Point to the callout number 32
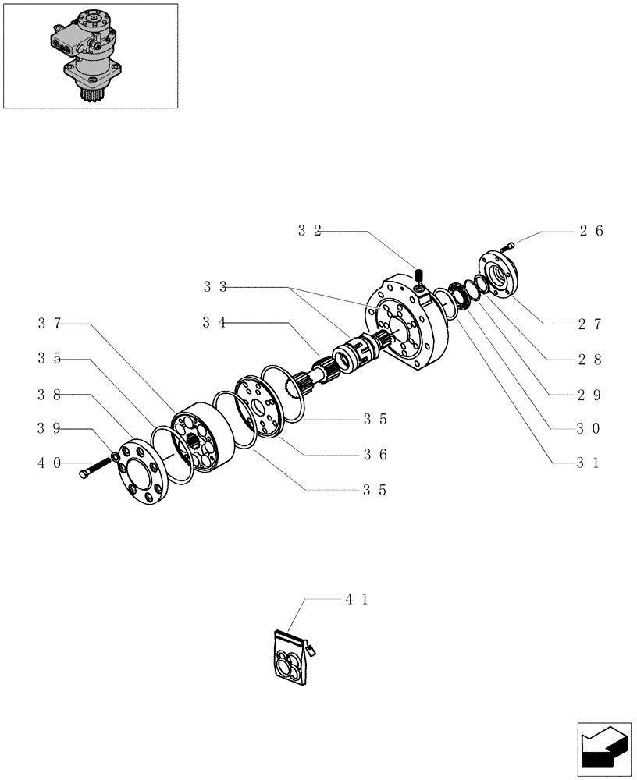[x=309, y=231]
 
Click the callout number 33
[x=215, y=287]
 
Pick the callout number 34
[x=215, y=323]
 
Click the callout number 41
[x=356, y=599]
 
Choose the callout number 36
[x=375, y=455]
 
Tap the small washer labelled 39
[x=116, y=457]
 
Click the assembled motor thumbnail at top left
[x=90, y=55]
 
